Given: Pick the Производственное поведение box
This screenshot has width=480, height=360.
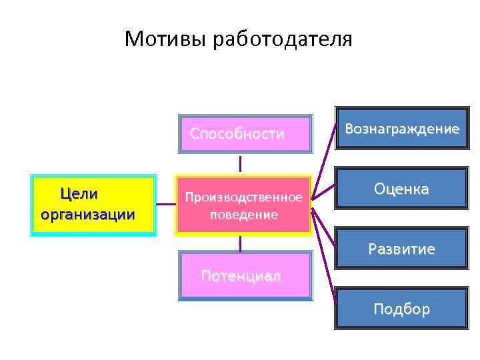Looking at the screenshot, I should click(x=243, y=205).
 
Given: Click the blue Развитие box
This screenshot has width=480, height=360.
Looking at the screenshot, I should click(x=401, y=250).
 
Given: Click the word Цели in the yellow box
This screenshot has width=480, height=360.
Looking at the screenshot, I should click(x=79, y=195).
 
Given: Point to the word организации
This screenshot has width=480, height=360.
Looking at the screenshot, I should click(x=87, y=215).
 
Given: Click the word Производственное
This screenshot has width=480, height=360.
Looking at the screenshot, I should click(x=243, y=197).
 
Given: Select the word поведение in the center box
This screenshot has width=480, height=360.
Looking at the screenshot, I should click(x=243, y=215).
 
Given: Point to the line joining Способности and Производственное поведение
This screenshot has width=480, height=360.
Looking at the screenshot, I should click(x=240, y=164).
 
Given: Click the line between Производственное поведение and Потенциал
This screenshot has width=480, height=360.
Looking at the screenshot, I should click(x=240, y=243).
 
